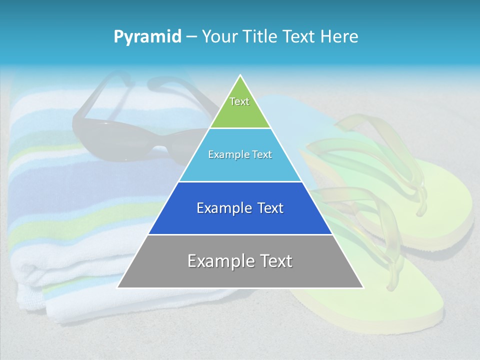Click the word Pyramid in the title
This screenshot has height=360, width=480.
click(147, 37)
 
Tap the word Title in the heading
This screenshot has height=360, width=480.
click(260, 36)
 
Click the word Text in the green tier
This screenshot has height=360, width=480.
click(239, 101)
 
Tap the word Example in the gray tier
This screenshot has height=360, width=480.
click(218, 261)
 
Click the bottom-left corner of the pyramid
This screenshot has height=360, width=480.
click(117, 287)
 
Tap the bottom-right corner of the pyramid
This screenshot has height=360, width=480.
click(363, 287)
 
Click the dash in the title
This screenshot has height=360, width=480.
click(191, 37)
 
